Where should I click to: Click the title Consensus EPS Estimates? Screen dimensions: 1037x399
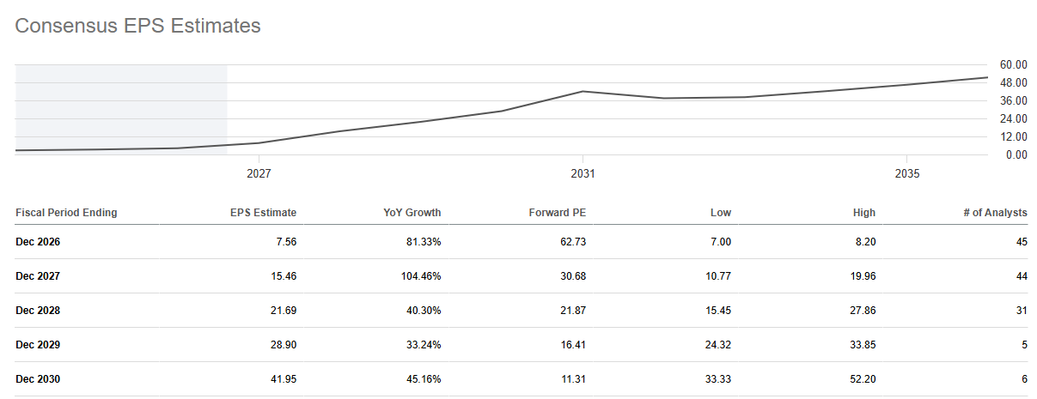coord(137,26)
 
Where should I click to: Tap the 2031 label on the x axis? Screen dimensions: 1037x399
coord(583,173)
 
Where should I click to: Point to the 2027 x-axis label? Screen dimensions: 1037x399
coord(259,173)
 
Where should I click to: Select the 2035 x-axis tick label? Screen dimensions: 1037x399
coord(907,173)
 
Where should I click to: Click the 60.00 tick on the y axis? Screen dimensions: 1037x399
coord(1014,64)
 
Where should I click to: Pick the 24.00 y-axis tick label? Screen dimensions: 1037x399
coord(1014,118)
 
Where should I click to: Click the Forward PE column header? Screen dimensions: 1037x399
coord(558,213)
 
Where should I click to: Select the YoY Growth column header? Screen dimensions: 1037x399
coord(412,213)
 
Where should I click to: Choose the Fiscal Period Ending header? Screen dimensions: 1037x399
coord(66,213)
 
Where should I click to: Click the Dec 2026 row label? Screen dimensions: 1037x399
coord(38,242)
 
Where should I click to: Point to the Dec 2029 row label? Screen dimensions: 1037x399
coord(38,345)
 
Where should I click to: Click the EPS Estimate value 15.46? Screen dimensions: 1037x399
coord(284,276)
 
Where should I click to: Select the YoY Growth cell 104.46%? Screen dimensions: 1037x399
coord(421,276)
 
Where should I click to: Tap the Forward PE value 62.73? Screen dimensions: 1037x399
coord(573,242)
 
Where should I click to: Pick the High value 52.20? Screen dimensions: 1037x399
coord(863,379)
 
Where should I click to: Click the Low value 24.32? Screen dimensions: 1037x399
coord(718,345)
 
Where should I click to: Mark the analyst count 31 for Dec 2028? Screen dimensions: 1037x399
coord(1022,311)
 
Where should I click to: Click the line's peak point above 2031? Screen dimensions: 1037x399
coord(583,92)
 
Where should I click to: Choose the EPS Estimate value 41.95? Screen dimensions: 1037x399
coord(284,379)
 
